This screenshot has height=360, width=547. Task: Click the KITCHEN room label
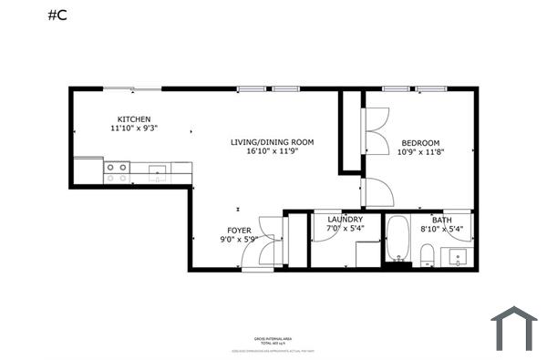(133, 119)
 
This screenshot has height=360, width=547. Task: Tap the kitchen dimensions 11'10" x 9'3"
(133, 129)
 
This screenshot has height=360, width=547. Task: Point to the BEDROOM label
(420, 142)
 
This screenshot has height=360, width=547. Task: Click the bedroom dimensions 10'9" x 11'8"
(420, 152)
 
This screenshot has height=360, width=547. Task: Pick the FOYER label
(239, 231)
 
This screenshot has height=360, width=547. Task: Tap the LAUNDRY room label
(345, 220)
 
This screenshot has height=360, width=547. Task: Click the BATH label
(441, 220)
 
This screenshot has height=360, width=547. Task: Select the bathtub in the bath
(398, 239)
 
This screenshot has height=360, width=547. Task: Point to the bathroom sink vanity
(459, 256)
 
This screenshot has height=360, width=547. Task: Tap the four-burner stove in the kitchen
(117, 172)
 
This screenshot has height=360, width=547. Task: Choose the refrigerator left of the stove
(88, 170)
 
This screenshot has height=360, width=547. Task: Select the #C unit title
(57, 16)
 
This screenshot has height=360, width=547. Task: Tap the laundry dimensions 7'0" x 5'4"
(345, 230)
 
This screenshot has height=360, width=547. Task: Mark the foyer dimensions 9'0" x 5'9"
(239, 241)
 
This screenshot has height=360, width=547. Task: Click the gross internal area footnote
(280, 339)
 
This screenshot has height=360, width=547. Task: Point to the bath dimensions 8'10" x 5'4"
(441, 230)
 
